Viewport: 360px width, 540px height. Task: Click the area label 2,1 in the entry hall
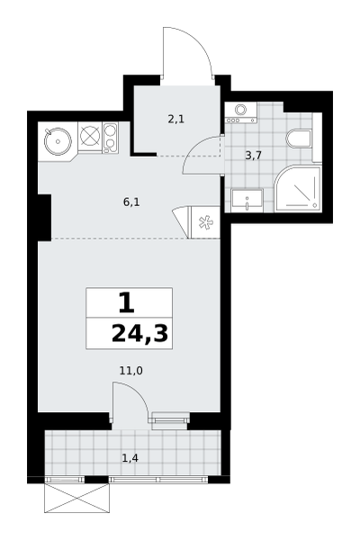(176, 120)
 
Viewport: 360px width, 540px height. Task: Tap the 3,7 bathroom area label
(253, 156)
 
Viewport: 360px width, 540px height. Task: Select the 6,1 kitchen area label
(131, 202)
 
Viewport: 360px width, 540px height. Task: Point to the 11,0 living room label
(130, 371)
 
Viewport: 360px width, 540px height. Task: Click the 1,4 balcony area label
(130, 458)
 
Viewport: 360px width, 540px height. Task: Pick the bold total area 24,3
(139, 334)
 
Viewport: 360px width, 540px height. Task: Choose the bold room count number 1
(126, 302)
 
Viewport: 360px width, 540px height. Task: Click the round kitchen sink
(58, 141)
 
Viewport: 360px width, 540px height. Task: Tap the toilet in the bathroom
(299, 139)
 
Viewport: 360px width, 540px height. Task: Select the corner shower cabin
(298, 189)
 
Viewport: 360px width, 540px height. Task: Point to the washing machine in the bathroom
(241, 112)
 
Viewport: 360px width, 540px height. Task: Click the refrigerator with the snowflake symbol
(206, 222)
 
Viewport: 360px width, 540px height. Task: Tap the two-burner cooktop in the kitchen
(111, 138)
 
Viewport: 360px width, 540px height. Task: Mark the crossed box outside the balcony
(76, 498)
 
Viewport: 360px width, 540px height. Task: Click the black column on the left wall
(44, 218)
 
